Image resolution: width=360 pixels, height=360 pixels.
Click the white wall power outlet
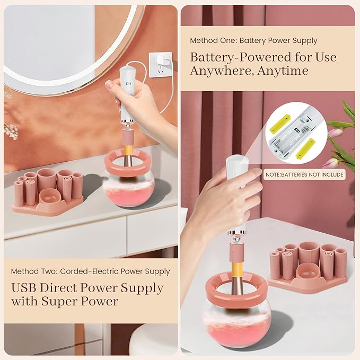[x=160, y=65]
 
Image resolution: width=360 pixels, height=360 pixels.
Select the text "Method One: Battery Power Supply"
[x=253, y=41]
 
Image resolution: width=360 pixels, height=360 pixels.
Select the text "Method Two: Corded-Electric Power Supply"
[x=90, y=271]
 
